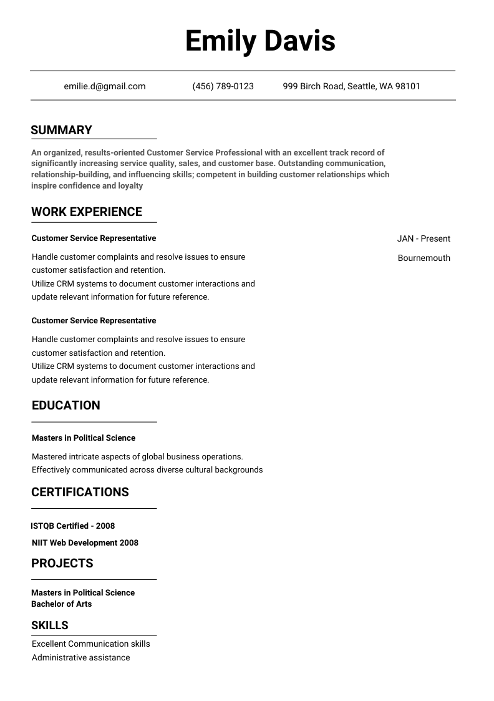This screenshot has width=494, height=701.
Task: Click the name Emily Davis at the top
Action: click(260, 41)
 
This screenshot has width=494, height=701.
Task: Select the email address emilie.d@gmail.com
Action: click(105, 86)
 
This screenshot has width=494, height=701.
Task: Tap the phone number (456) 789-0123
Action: click(223, 86)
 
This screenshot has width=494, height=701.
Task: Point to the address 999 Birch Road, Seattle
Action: click(351, 86)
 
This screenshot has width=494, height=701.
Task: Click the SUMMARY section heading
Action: click(61, 130)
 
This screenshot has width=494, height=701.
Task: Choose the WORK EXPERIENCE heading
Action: click(87, 212)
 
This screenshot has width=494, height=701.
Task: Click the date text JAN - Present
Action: click(424, 238)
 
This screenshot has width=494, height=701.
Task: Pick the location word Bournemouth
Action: click(424, 258)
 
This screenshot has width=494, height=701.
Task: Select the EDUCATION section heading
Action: click(65, 405)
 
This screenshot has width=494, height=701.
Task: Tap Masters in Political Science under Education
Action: click(84, 438)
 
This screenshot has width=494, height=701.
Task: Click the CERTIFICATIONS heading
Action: click(80, 492)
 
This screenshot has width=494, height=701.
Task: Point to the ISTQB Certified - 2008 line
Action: click(73, 526)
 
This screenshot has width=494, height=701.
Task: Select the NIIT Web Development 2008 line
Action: click(85, 542)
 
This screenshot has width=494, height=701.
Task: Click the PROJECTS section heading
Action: click(62, 563)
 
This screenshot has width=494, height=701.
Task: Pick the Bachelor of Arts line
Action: click(61, 604)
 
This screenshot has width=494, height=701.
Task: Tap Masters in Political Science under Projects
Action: click(83, 592)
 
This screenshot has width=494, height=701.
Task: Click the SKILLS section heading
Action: click(50, 625)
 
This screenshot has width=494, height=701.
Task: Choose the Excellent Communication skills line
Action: click(91, 644)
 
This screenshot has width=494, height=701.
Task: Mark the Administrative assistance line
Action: click(81, 657)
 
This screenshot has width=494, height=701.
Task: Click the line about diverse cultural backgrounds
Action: click(147, 469)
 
